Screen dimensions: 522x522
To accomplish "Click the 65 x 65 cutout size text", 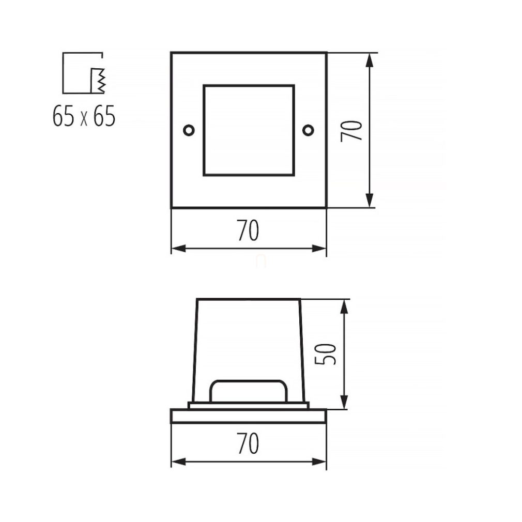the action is (x=84, y=116).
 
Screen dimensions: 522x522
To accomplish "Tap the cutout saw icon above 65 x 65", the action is (x=83, y=73).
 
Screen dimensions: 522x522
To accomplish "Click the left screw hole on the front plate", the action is (x=189, y=130).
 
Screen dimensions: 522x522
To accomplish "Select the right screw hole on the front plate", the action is (x=308, y=130).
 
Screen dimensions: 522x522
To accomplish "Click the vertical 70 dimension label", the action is (x=351, y=131).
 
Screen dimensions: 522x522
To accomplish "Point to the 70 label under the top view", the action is (x=249, y=230).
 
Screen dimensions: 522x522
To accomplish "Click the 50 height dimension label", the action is (x=325, y=354).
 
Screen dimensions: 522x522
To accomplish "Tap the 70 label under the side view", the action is (x=249, y=443).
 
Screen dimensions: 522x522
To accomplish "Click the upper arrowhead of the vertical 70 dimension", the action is (x=369, y=60).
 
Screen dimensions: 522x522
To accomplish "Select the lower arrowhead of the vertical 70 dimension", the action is (x=369, y=201).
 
